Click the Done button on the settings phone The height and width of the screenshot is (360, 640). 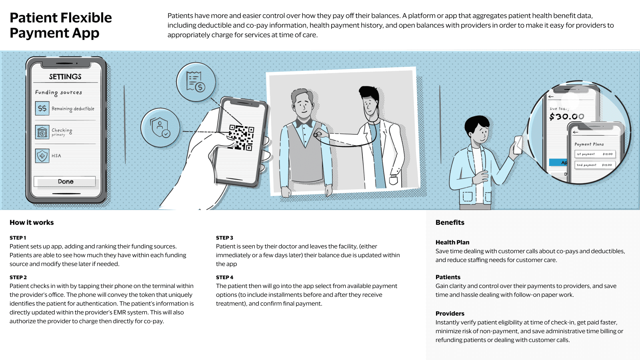point(65,182)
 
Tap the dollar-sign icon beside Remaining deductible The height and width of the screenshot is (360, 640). point(42,108)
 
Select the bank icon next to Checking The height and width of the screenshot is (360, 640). point(42,132)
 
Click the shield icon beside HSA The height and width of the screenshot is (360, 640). point(42,156)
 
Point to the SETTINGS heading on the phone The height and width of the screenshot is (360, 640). point(65,77)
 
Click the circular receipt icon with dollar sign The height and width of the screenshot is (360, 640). point(196,82)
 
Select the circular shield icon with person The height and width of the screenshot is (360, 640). point(160,128)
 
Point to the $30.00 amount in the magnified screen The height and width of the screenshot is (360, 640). point(566,117)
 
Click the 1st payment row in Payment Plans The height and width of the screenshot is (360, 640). point(594,154)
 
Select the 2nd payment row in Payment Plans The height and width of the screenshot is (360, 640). point(594,165)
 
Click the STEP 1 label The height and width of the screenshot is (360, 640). point(18,238)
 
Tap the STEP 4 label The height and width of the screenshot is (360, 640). point(224,277)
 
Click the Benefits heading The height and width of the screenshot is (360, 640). point(450,222)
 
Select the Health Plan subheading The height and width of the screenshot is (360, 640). point(452,242)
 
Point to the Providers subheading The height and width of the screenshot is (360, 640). point(450,314)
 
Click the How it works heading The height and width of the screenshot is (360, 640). point(32,222)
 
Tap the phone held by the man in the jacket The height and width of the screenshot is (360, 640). point(518,145)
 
